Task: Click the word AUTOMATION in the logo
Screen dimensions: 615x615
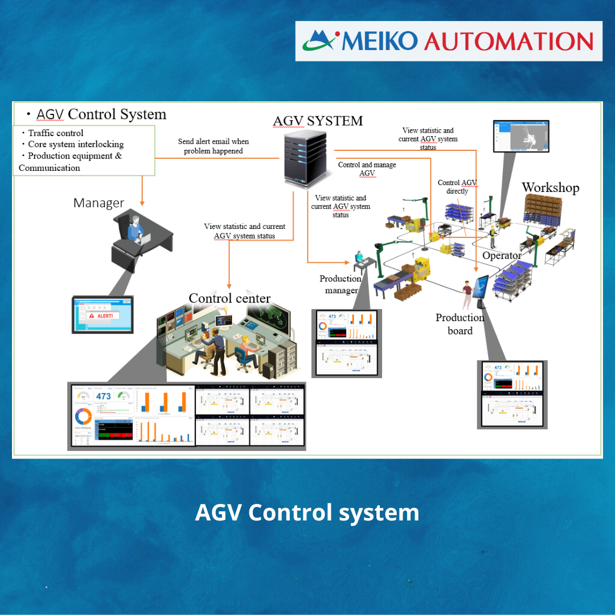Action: point(509,41)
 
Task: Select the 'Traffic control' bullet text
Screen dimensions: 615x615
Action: point(56,133)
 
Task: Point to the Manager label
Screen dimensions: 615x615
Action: point(99,203)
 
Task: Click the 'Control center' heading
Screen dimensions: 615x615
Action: point(229,298)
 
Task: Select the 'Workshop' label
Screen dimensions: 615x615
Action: point(550,187)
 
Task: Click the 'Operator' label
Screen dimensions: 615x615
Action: point(502,256)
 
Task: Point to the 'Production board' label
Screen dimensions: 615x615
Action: point(460,324)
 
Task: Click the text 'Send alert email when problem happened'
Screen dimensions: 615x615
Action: point(214,146)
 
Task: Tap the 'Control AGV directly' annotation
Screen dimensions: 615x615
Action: point(457,187)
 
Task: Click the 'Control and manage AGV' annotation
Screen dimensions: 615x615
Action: point(367,169)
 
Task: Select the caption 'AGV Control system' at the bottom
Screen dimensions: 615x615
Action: point(307,512)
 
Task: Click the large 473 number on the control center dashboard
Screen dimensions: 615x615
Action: point(103,396)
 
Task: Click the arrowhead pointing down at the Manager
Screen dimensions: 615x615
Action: point(142,202)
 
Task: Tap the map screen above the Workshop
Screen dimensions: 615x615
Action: point(520,136)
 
